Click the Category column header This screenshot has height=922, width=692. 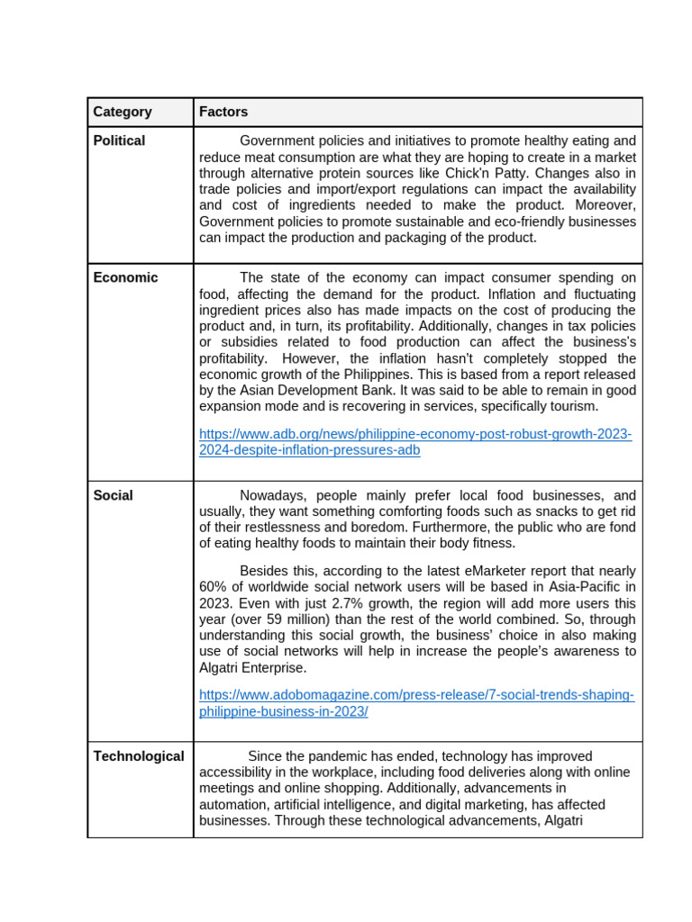[123, 113]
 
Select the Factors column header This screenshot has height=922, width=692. [223, 113]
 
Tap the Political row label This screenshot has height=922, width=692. [119, 141]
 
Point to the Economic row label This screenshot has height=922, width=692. [125, 278]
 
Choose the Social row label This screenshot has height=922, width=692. [113, 496]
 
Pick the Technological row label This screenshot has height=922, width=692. [139, 757]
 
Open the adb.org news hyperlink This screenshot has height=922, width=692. [414, 442]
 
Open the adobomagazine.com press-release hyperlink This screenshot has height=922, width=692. [416, 703]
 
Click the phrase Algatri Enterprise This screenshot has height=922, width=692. [252, 668]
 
